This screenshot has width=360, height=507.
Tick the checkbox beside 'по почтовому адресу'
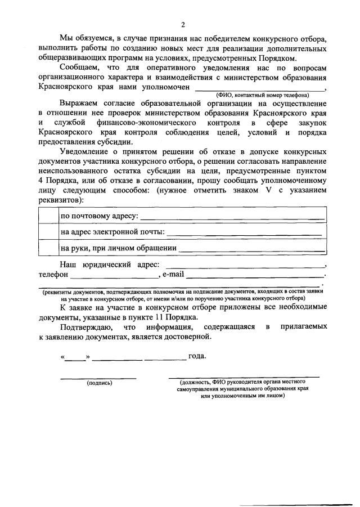point(48,216)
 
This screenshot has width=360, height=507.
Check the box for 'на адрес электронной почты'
point(48,231)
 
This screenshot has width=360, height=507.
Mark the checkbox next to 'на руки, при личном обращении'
point(48,247)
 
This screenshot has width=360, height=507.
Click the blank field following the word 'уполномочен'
point(259,89)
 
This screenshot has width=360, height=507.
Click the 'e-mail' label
point(173,275)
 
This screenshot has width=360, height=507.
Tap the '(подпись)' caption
point(99,383)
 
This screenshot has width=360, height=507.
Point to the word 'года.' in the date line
point(197,356)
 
